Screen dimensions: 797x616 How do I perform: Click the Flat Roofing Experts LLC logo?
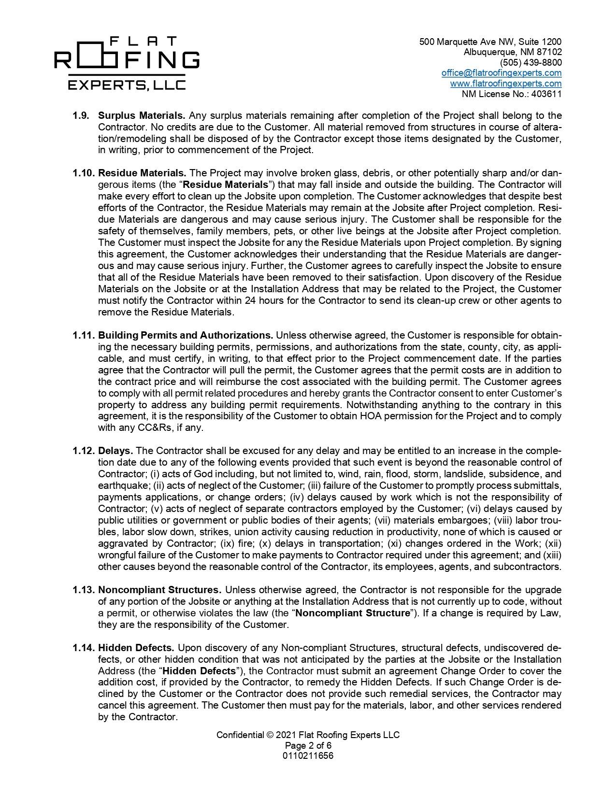tap(127, 63)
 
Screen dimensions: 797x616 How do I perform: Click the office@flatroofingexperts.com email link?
tap(501, 73)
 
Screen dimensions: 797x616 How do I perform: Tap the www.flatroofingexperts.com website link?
tap(505, 84)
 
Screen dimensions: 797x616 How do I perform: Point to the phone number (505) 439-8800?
tap(530, 63)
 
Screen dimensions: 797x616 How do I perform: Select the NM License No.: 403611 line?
tap(512, 94)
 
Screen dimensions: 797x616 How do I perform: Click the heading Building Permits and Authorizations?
tap(186, 335)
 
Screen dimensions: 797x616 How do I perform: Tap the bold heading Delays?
tap(115, 451)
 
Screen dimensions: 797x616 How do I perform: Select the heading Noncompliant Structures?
tap(159, 590)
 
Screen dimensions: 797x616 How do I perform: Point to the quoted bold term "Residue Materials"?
tap(225, 185)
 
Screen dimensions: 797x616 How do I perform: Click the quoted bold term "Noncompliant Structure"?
tap(352, 613)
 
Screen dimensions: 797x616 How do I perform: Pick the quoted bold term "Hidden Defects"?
tap(199, 671)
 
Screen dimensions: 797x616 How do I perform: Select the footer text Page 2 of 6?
tap(308, 745)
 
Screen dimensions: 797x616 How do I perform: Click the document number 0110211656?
tap(308, 756)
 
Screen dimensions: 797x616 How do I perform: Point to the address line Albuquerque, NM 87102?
tap(513, 52)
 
